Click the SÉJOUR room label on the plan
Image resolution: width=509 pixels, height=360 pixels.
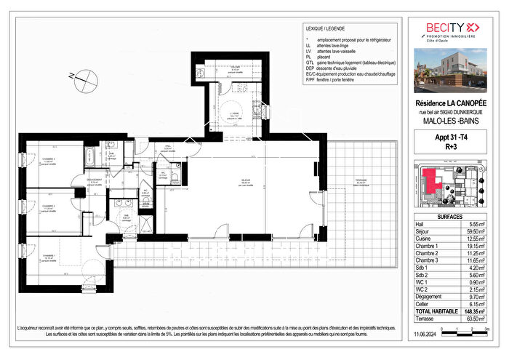coord(236,183)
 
